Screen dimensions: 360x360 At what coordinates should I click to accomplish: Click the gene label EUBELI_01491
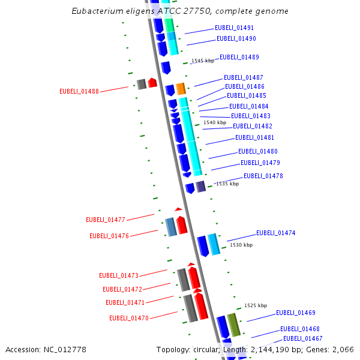234,28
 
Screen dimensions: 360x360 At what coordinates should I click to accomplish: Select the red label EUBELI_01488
79,91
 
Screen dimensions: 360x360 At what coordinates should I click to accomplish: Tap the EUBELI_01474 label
275,233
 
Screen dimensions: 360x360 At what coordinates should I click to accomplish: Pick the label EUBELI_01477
106,220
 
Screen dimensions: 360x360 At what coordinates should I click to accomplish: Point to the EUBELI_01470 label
129,318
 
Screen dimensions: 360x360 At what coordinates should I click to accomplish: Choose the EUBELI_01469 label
295,313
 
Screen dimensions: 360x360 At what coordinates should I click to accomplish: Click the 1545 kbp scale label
202,61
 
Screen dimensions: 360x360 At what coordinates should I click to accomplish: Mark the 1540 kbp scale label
215,122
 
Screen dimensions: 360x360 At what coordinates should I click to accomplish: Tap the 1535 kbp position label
227,184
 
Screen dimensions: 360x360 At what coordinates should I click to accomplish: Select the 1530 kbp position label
241,245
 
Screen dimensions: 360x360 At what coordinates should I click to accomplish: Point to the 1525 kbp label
256,305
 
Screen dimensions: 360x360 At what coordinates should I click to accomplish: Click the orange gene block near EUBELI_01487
180,89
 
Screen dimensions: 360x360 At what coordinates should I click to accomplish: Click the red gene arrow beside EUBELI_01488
152,83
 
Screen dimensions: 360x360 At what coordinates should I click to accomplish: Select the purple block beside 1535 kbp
201,187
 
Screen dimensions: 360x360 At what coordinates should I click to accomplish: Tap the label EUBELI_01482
252,126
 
